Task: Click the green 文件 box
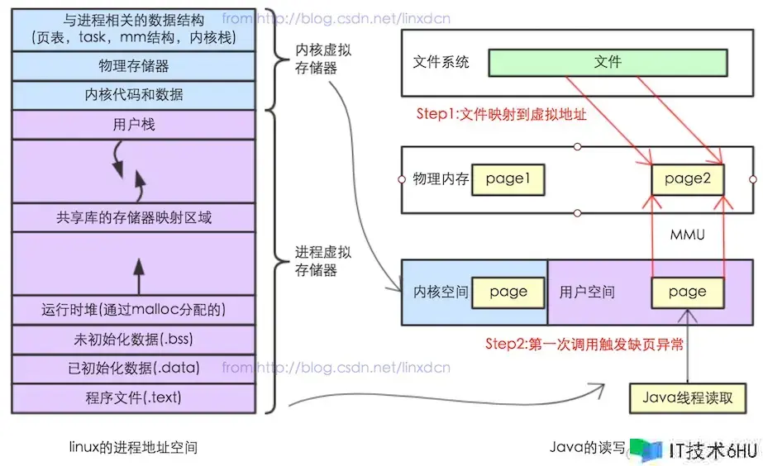pyautogui.click(x=608, y=63)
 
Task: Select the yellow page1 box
pyautogui.click(x=508, y=179)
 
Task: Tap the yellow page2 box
pyautogui.click(x=688, y=179)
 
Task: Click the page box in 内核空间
pyautogui.click(x=508, y=292)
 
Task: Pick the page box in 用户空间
pyautogui.click(x=688, y=292)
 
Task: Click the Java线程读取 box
pyautogui.click(x=688, y=397)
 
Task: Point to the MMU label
pyautogui.click(x=688, y=235)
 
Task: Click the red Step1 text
pyautogui.click(x=501, y=115)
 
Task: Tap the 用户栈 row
pyautogui.click(x=133, y=125)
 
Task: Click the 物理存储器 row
pyautogui.click(x=133, y=65)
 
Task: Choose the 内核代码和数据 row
pyautogui.click(x=133, y=94)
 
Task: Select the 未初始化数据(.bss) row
pyautogui.click(x=133, y=339)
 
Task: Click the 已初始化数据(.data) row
pyautogui.click(x=133, y=369)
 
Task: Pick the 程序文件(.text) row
pyautogui.click(x=133, y=397)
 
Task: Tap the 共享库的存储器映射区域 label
pyautogui.click(x=133, y=218)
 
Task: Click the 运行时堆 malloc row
pyautogui.click(x=133, y=310)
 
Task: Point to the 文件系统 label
pyautogui.click(x=441, y=63)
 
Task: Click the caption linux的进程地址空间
pyautogui.click(x=133, y=447)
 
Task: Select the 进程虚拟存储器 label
pyautogui.click(x=322, y=260)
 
